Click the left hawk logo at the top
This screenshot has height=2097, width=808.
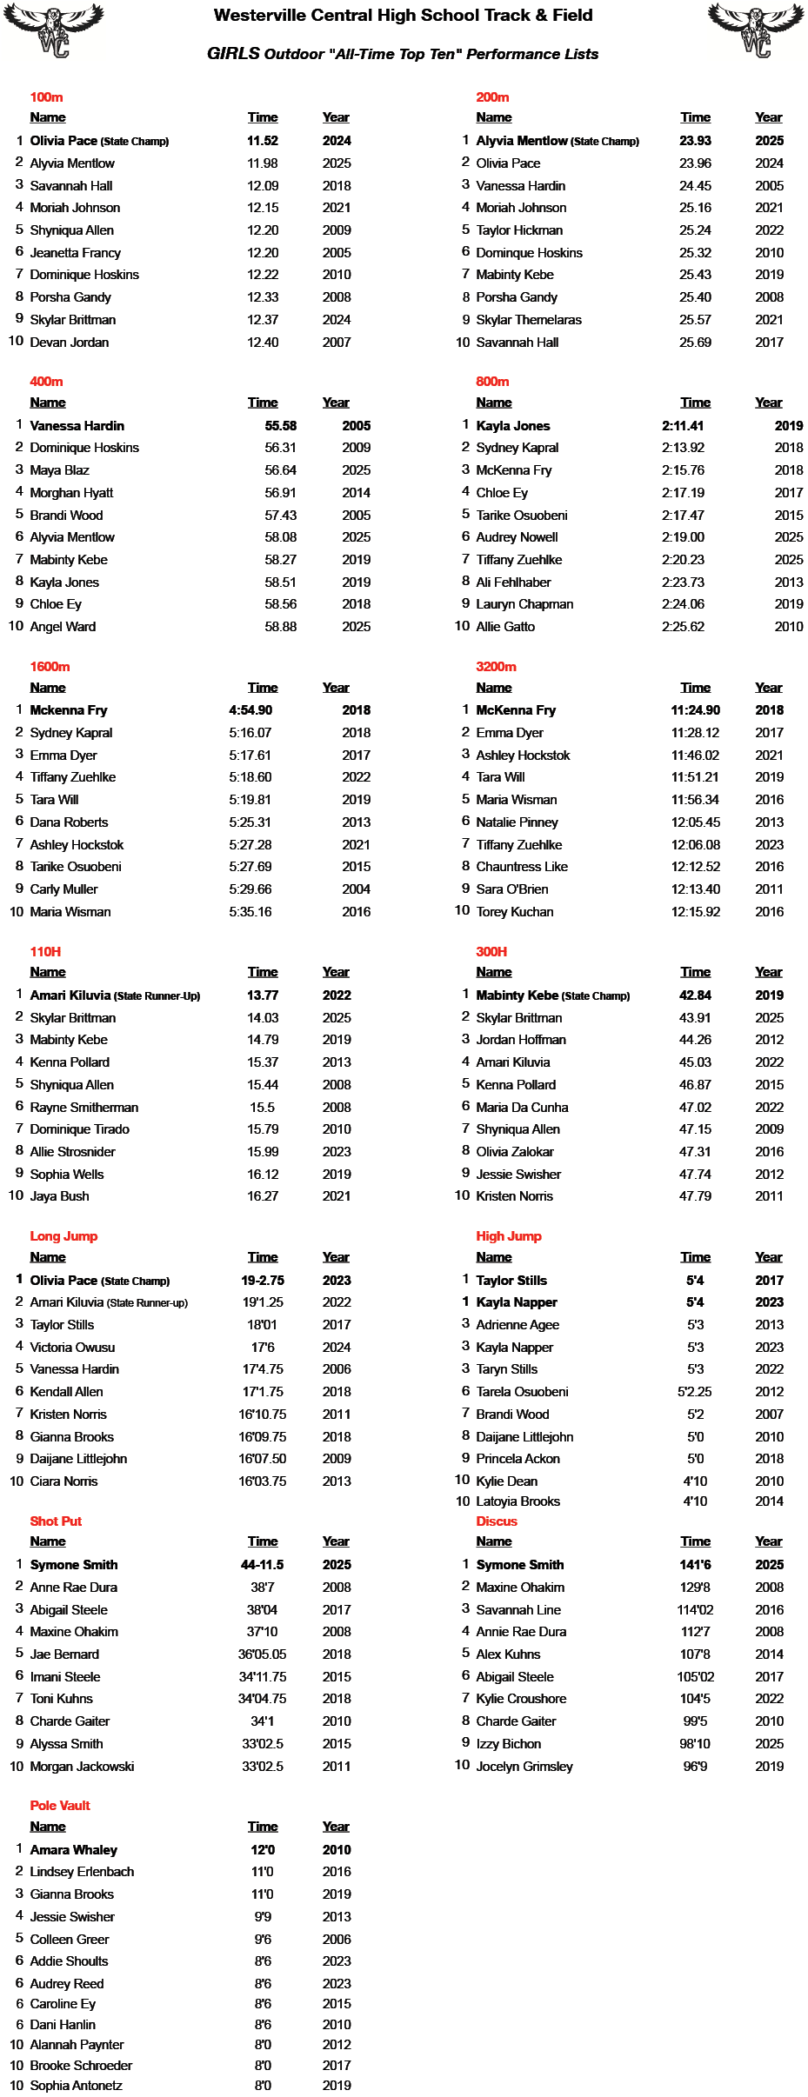point(54,29)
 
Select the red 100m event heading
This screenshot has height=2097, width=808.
point(46,97)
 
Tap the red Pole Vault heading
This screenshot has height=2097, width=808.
point(60,1805)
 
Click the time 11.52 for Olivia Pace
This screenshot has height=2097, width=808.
point(263,141)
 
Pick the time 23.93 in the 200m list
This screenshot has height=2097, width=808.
point(695,141)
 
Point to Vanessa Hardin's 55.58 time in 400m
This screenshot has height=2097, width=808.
point(281,426)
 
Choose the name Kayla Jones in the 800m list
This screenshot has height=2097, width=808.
point(513,426)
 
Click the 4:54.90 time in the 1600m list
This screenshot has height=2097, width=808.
point(250,710)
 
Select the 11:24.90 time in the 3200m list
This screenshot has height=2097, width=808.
point(695,710)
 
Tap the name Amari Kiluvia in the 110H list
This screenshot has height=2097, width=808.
point(70,995)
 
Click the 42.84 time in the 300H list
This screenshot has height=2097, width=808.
point(695,995)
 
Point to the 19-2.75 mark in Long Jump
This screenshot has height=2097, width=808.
point(263,1281)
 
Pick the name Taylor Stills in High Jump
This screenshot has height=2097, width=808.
point(511,1281)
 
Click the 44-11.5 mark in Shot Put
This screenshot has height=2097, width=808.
point(263,1565)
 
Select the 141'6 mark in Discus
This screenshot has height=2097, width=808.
point(695,1565)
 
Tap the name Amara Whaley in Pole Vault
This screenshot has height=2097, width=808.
point(74,1850)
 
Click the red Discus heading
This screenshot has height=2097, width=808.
point(497,1521)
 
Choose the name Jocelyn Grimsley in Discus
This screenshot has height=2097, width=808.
point(524,1767)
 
